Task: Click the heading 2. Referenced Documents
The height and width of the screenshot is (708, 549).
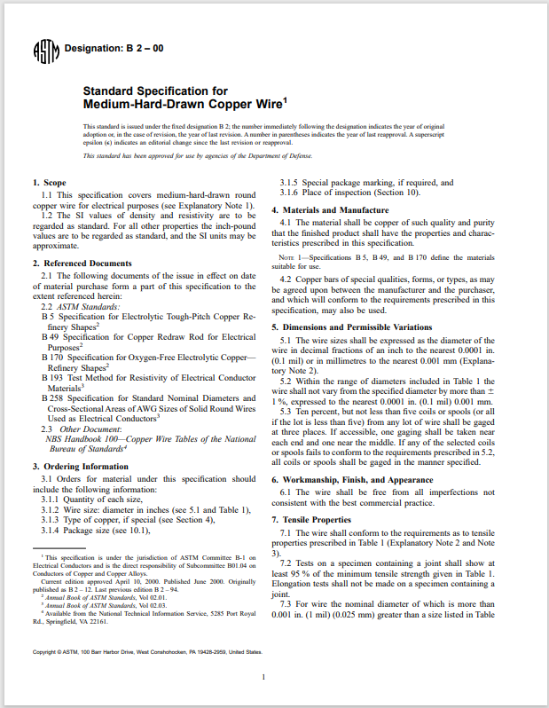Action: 82,264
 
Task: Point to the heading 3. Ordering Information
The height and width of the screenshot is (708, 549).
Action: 80,467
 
